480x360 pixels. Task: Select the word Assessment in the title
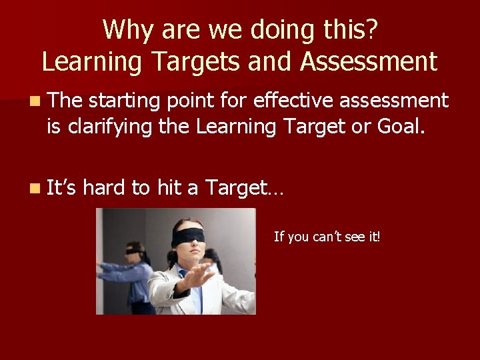(x=369, y=61)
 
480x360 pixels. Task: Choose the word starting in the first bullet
(x=125, y=101)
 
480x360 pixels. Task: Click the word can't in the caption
(x=325, y=237)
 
